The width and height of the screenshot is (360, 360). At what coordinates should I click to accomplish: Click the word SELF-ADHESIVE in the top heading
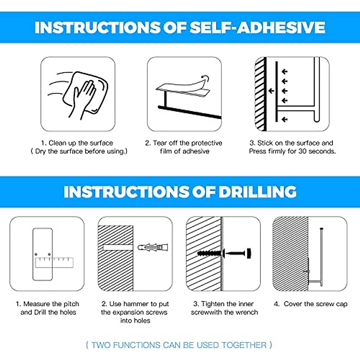[x=257, y=28]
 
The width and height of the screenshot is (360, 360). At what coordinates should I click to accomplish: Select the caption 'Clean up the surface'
[x=77, y=143]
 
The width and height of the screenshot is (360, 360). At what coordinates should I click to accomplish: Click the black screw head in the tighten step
[x=249, y=253]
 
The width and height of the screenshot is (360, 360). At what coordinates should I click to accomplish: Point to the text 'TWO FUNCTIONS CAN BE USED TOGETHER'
[x=179, y=345]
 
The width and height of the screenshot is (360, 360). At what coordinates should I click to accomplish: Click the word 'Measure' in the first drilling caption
[x=35, y=304]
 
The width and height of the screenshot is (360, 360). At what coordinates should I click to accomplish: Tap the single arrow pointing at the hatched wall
[x=271, y=91]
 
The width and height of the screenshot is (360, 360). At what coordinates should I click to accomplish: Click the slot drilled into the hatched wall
[x=118, y=247]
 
